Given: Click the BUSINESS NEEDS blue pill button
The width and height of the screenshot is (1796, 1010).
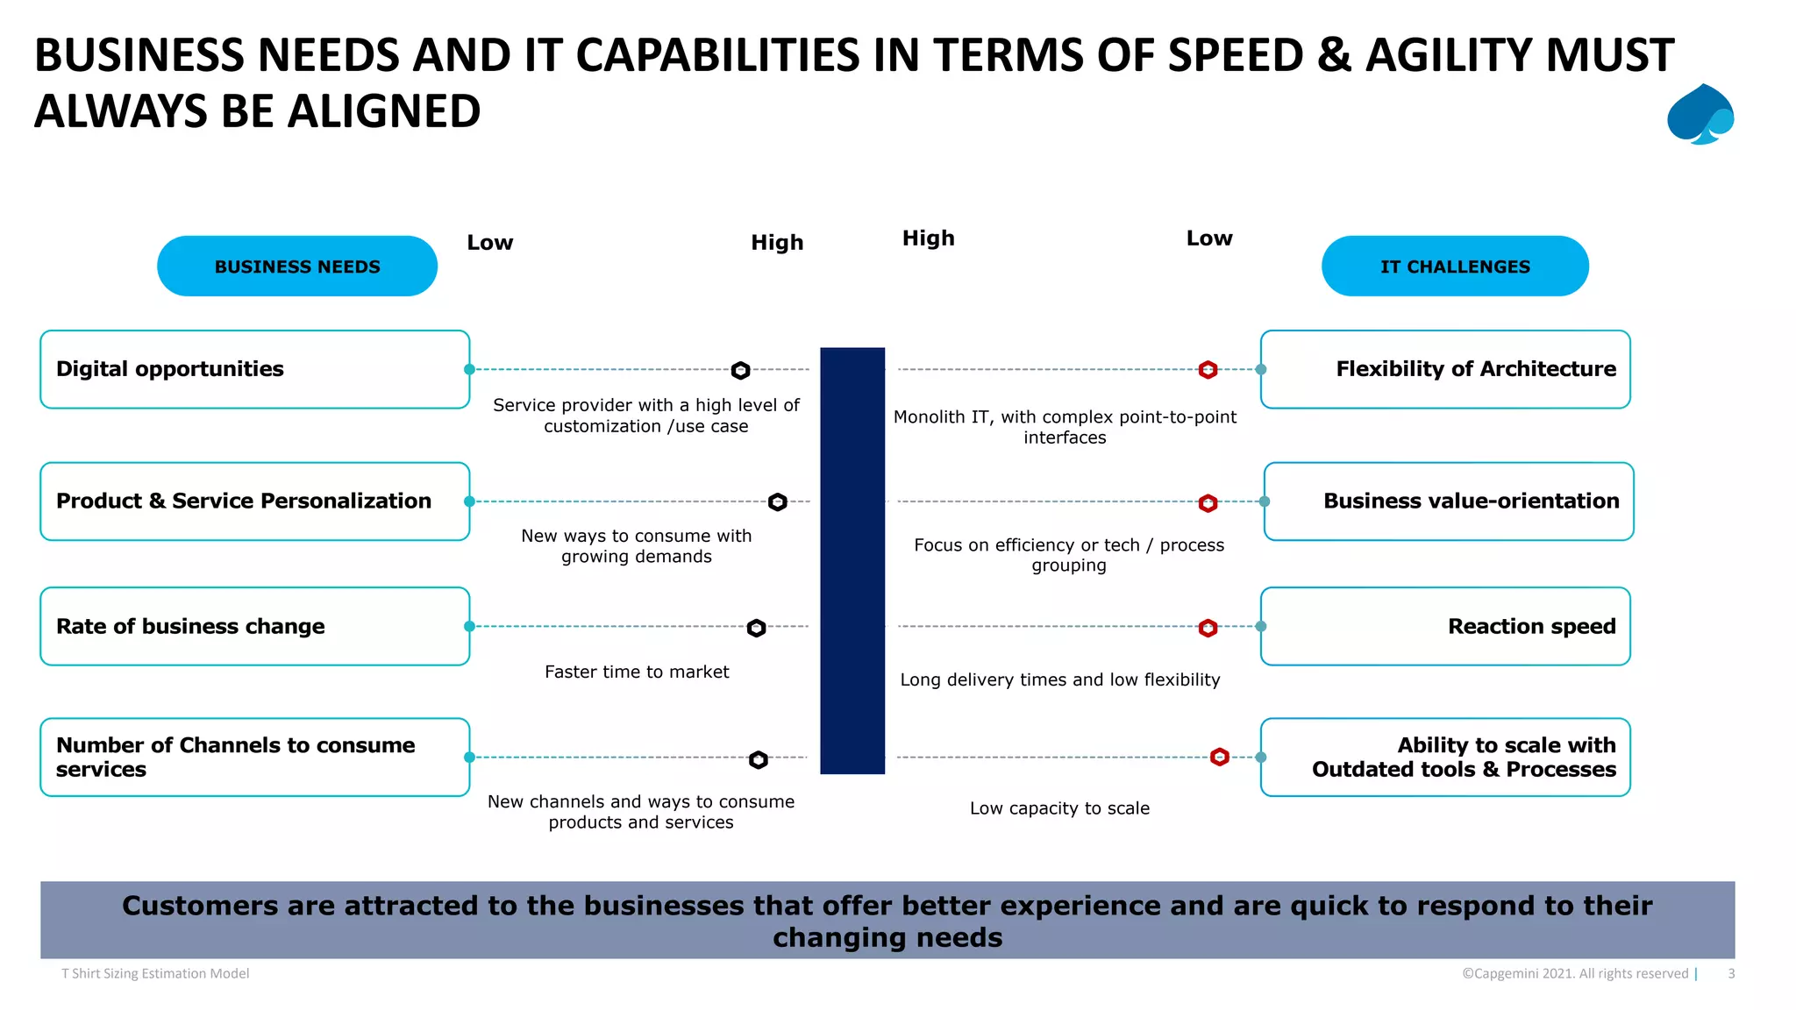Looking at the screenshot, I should point(297,267).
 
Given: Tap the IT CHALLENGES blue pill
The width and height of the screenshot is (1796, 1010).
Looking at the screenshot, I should point(1455,267).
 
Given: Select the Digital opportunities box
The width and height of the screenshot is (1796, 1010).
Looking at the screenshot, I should point(254,369).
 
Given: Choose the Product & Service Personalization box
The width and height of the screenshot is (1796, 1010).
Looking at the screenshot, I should point(254,501).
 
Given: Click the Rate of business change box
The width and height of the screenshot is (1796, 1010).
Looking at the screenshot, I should point(254,626).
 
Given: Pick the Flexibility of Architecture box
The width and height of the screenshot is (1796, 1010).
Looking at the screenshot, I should point(1445,369).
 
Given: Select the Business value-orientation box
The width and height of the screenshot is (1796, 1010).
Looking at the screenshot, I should point(1449,501).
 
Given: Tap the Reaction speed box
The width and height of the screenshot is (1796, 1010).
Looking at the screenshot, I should point(1445,626).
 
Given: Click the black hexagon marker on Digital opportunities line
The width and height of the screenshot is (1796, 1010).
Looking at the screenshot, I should point(741,370).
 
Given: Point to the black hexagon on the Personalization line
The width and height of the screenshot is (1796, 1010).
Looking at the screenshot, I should point(777,502).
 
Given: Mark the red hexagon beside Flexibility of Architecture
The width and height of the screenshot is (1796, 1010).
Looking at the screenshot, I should point(1208,370).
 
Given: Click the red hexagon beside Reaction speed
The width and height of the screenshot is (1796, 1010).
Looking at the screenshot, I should point(1208,628).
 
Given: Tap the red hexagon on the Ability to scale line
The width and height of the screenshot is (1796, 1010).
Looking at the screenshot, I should point(1219,757).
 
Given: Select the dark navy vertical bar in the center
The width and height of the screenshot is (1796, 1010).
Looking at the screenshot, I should point(852,561).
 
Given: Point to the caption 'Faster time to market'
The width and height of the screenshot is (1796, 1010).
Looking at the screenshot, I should point(637,672).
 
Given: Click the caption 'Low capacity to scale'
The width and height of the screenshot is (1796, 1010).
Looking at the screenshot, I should point(1059,808).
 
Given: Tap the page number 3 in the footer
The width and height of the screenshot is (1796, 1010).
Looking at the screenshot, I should point(1731,973).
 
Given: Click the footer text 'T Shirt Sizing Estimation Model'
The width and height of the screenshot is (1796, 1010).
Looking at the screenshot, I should point(155,973).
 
